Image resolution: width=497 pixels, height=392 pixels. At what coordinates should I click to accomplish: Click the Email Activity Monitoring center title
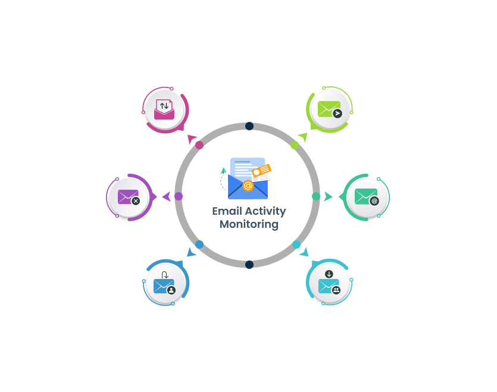[249, 218]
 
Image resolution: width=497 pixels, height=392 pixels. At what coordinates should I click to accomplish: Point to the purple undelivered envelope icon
[128, 197]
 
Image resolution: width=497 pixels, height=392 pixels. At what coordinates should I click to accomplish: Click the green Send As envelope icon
[329, 109]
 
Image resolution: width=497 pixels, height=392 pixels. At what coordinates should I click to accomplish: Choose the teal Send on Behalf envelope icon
[366, 196]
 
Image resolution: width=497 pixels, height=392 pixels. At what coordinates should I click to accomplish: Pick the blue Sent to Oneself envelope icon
[164, 285]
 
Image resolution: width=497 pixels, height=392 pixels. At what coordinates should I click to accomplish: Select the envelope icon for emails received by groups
[329, 285]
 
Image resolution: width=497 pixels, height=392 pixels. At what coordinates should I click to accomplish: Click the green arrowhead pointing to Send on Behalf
[328, 196]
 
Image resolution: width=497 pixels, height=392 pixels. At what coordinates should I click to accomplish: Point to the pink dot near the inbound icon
[199, 145]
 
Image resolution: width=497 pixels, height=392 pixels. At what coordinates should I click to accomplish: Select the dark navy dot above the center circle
[249, 126]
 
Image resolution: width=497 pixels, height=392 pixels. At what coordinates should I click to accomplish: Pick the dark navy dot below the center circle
[249, 265]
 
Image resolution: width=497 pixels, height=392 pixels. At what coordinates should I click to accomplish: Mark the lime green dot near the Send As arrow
[295, 145]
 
